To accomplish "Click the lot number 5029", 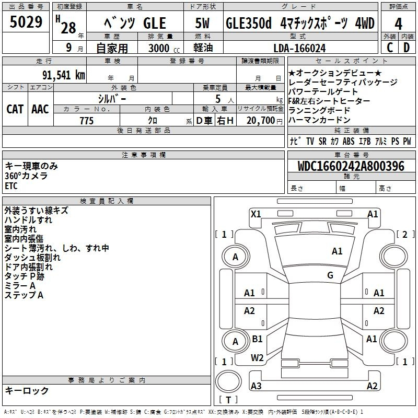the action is (26, 22).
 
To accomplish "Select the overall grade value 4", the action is (398, 24).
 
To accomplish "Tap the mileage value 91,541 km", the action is (64, 75).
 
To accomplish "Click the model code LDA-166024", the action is (299, 48).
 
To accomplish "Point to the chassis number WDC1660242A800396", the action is (351, 166).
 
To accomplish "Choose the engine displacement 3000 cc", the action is (164, 48).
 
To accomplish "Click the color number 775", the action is (87, 121).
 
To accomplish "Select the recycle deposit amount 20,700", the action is (260, 121).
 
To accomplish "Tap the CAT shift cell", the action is (15, 109).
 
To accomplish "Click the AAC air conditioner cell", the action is (40, 109).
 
